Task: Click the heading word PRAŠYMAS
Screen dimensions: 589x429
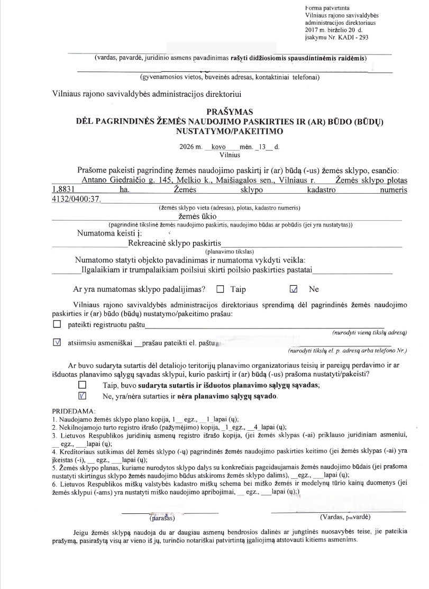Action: click(231, 112)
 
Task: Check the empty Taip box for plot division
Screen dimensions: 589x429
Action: click(220, 289)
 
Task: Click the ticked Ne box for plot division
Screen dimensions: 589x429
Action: click(295, 289)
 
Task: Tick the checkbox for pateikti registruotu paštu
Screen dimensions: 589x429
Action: click(57, 324)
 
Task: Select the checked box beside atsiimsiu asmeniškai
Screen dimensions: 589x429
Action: click(57, 342)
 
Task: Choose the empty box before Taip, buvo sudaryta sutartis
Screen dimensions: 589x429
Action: click(82, 385)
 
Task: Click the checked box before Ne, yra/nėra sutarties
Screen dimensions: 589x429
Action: click(82, 395)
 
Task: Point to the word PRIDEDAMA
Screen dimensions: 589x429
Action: click(74, 411)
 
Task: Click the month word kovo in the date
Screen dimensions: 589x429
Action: click(218, 146)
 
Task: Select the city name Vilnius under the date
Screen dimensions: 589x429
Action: click(230, 155)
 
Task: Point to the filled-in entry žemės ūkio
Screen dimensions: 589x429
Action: click(198, 215)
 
